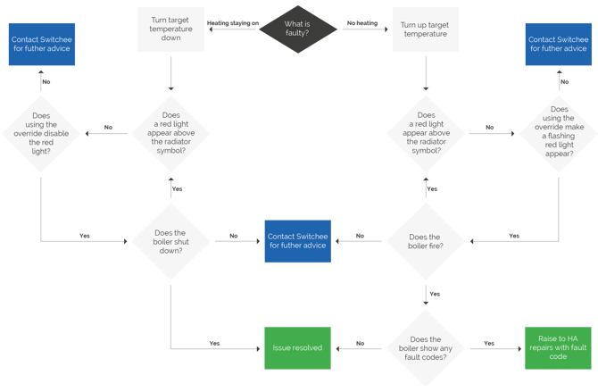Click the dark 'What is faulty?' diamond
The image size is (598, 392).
(298, 29)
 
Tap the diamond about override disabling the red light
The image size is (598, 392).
(41, 132)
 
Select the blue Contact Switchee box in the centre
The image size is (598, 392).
(296, 241)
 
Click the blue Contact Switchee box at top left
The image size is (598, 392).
(42, 44)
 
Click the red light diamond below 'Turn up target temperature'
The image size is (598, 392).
(425, 132)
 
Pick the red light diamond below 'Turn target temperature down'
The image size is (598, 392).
(170, 132)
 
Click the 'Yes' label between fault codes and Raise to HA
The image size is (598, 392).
(489, 342)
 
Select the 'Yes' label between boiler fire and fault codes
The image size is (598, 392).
(434, 292)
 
